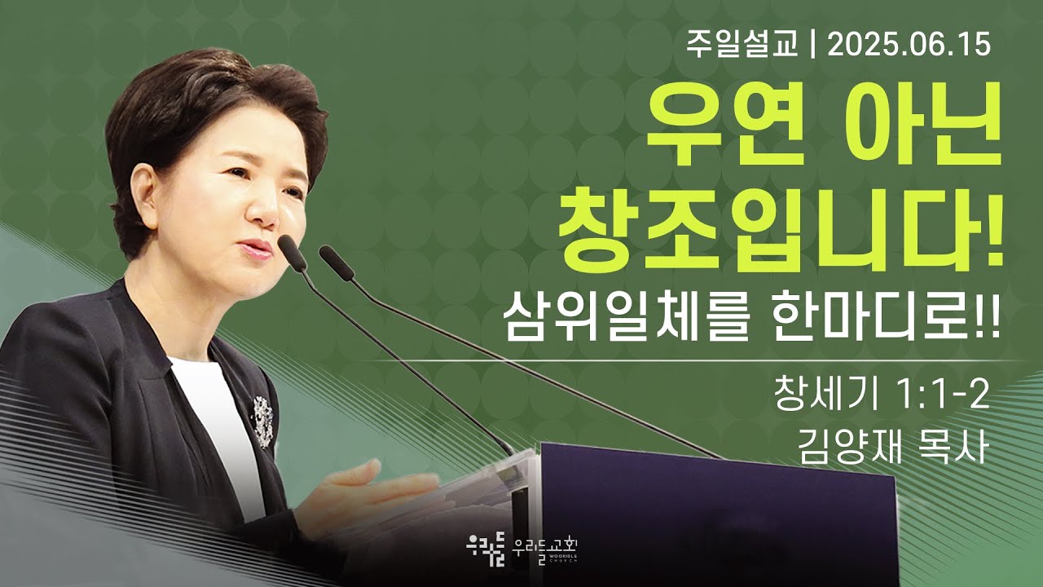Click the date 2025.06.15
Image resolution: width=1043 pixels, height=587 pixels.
coord(909,46)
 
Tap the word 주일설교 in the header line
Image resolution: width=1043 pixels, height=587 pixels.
coord(742,46)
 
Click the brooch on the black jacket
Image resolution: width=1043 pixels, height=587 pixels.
coord(263,421)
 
